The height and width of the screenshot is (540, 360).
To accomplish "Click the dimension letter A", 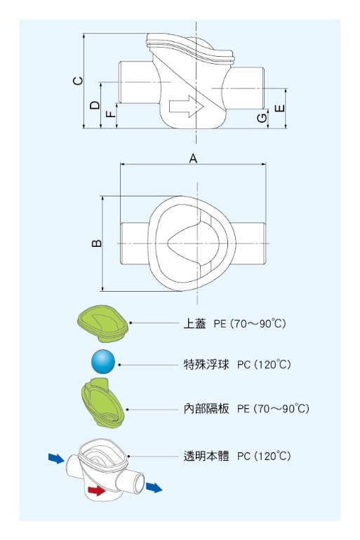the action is [x=193, y=158].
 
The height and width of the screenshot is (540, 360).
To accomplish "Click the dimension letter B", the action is [x=97, y=243].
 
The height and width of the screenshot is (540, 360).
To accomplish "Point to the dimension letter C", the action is [x=78, y=81].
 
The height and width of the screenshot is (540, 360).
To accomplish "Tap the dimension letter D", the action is [x=95, y=105].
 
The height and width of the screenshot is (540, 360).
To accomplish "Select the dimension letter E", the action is [x=280, y=108].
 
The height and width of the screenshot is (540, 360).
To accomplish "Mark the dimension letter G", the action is [x=262, y=118].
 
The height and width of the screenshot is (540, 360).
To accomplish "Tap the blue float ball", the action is [x=103, y=361].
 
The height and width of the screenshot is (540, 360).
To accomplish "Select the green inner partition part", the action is [x=102, y=403].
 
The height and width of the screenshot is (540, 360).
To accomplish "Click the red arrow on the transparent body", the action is [x=97, y=490].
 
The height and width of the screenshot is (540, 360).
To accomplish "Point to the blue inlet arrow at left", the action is [x=57, y=459].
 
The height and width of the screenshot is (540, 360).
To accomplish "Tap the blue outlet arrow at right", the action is [x=154, y=487].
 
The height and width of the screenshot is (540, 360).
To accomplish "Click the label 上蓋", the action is [x=194, y=324].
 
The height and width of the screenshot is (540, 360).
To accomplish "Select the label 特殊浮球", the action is [x=206, y=365].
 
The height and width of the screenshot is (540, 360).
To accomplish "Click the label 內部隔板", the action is [x=206, y=408].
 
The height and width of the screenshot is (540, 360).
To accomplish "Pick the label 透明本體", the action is [x=206, y=456].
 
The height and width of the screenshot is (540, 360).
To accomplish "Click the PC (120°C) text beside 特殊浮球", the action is [x=264, y=365].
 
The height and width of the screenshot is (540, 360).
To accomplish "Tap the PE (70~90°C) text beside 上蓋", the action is [x=250, y=324].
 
